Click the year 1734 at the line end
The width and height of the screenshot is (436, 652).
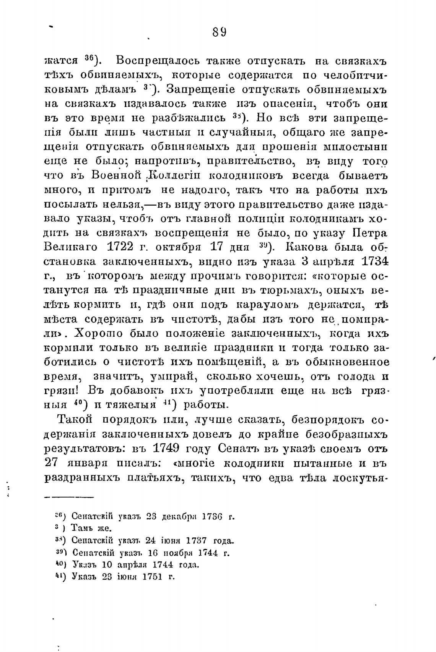tap(375, 261)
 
